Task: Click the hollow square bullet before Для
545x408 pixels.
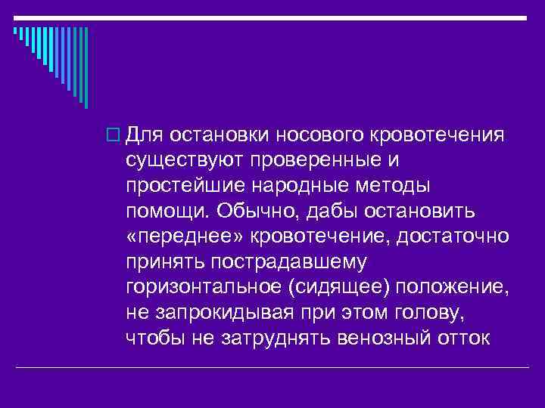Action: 115,135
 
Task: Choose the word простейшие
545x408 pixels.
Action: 179,186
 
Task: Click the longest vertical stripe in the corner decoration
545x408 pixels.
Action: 86,67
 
